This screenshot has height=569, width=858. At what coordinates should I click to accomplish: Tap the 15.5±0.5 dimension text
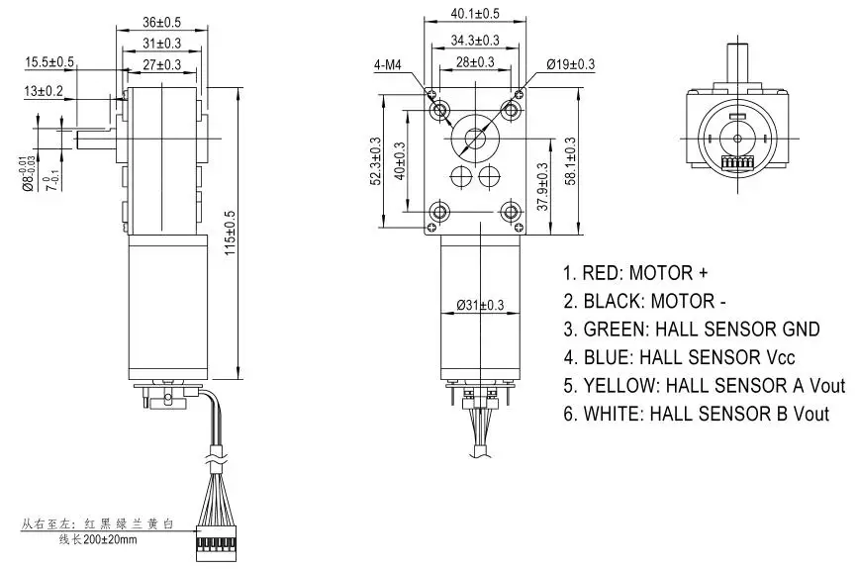click(x=50, y=62)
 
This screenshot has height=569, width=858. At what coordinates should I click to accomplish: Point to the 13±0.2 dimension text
click(x=44, y=91)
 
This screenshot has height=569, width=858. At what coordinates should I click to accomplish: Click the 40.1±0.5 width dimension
click(x=474, y=14)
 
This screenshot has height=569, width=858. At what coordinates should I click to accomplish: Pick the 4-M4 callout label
click(x=387, y=65)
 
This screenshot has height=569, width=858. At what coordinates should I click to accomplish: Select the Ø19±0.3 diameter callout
click(x=569, y=64)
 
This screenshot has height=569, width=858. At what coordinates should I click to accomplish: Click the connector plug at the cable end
click(x=216, y=541)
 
